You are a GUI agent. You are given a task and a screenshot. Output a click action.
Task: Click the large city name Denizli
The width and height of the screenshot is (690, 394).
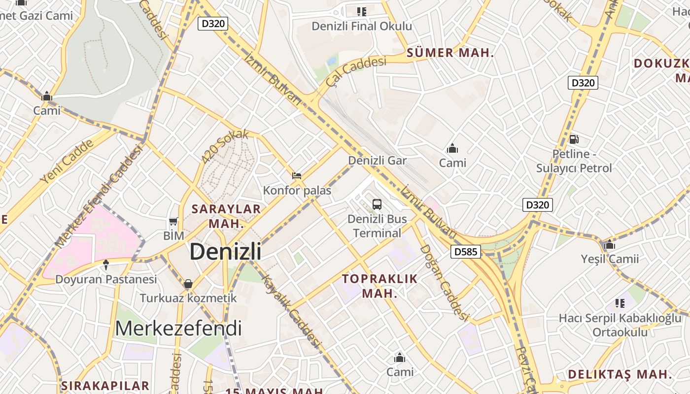pyautogui.click(x=225, y=252)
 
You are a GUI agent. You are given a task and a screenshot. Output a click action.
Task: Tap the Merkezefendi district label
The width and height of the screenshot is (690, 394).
pyautogui.click(x=178, y=328)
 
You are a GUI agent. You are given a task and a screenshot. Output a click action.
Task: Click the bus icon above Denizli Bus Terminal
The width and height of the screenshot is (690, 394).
pyautogui.click(x=377, y=204)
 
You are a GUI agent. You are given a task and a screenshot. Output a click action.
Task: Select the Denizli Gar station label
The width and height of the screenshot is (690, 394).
pyautogui.click(x=378, y=161)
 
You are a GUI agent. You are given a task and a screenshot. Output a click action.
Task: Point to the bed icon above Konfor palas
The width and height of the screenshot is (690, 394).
pyautogui.click(x=297, y=175)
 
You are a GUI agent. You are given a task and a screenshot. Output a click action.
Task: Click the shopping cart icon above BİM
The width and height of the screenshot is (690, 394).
pyautogui.click(x=173, y=222)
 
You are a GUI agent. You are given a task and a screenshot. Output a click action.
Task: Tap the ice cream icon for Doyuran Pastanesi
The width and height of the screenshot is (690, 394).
pyautogui.click(x=106, y=265)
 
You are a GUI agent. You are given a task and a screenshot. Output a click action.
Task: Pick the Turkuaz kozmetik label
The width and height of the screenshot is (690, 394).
pyautogui.click(x=188, y=298)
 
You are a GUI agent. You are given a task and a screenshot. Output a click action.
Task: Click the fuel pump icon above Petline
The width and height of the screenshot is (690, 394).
pyautogui.click(x=574, y=139)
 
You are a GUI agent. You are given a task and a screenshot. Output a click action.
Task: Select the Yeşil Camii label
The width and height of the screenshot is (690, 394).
pyautogui.click(x=610, y=259)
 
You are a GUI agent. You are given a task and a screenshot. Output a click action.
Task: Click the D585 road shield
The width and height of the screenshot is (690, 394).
pyautogui.click(x=465, y=252)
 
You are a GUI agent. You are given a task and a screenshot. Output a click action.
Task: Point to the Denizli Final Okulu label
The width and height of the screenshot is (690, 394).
pyautogui.click(x=362, y=26)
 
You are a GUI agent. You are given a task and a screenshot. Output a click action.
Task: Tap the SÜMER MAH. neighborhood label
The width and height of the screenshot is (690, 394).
pyautogui.click(x=450, y=53)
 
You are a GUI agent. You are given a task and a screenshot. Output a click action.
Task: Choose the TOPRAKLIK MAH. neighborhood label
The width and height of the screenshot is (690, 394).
pyautogui.click(x=380, y=286)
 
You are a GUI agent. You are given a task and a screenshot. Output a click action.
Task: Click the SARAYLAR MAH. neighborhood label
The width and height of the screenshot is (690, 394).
pyautogui.click(x=226, y=216)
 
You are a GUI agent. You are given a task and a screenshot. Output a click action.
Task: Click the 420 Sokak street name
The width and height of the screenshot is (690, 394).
pyautogui.click(x=225, y=147)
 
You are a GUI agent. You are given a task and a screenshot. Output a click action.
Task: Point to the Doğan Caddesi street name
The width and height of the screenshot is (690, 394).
pyautogui.click(x=444, y=282)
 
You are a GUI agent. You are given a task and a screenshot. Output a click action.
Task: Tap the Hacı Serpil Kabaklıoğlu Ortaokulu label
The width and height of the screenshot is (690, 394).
pyautogui.click(x=620, y=325)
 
